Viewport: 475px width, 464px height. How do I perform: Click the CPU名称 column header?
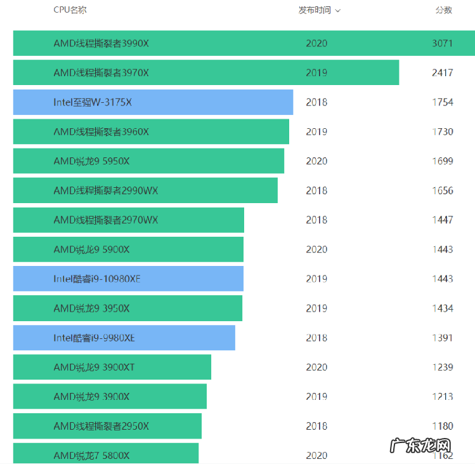(70, 10)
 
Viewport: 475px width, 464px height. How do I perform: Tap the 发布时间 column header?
(315, 10)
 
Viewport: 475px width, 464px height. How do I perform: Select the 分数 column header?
(443, 10)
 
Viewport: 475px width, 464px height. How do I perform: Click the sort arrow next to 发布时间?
(338, 11)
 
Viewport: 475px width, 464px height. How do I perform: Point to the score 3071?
(442, 43)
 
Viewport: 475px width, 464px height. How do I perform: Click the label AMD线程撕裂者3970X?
(101, 73)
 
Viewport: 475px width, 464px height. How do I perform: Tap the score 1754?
(442, 102)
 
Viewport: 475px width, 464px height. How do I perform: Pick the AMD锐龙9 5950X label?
(91, 161)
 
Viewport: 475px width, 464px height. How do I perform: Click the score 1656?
(442, 190)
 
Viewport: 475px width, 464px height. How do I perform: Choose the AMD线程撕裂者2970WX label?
(106, 220)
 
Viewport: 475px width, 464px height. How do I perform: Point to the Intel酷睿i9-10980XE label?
(97, 279)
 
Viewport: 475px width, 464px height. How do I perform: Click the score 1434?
(442, 308)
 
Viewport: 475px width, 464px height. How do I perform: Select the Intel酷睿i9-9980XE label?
(94, 338)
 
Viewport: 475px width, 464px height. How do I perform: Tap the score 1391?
(442, 338)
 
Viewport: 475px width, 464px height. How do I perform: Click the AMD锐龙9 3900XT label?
(94, 367)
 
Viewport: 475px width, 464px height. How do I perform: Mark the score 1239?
(442, 367)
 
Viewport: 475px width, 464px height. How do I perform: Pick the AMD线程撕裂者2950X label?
(101, 426)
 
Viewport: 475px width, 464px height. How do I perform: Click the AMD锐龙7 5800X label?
(91, 455)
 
